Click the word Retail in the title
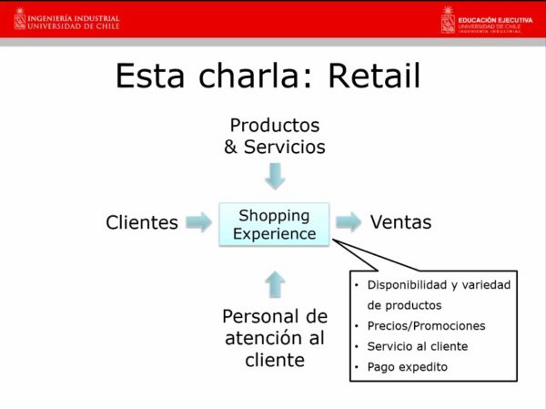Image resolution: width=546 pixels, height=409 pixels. click(374, 76)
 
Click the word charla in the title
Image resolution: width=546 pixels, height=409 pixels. click(248, 76)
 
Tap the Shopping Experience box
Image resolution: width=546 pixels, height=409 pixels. click(274, 225)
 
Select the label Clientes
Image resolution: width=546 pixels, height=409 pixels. click(142, 222)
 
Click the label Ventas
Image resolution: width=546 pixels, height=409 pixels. click(400, 222)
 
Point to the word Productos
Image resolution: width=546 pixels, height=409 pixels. click(275, 125)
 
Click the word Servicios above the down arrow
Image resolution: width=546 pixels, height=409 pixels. click(285, 147)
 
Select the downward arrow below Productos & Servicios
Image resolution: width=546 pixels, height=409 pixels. click(275, 176)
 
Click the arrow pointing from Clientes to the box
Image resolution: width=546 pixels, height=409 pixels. click(198, 221)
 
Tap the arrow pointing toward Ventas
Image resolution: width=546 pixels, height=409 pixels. click(349, 221)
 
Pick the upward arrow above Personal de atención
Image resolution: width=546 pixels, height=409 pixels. click(275, 284)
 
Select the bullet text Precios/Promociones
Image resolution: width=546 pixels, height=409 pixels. click(426, 326)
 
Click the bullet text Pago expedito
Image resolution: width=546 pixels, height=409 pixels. click(408, 367)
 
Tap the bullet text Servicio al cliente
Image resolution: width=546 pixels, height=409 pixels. click(418, 346)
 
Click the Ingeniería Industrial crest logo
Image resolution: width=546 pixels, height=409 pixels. click(19, 19)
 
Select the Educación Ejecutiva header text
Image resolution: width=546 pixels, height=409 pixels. click(495, 20)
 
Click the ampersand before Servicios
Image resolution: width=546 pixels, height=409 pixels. click(230, 147)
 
